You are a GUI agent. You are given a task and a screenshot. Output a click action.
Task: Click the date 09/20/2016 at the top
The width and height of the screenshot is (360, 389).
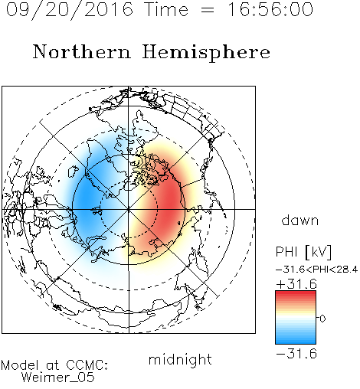coord(70,10)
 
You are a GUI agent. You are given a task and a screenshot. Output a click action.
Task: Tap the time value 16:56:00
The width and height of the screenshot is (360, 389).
coord(270,9)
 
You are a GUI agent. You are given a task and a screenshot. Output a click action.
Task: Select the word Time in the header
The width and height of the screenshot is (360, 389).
coord(166,9)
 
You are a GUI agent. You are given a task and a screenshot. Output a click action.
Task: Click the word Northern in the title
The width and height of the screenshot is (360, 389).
coord(82,52)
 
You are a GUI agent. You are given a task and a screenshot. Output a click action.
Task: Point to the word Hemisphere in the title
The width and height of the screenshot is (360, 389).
coord(206,53)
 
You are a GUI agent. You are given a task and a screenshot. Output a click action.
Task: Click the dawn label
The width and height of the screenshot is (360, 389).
coord(300,220)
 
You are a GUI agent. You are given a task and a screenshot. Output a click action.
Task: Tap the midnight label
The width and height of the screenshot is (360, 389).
coord(180,359)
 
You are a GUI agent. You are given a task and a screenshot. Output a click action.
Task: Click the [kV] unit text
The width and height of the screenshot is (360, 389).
coord(319,252)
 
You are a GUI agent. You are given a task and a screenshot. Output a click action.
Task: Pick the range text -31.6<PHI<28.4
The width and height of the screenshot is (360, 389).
coord(316,270)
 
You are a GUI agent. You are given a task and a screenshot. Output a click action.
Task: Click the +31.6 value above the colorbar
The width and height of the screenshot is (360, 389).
coord(296,284)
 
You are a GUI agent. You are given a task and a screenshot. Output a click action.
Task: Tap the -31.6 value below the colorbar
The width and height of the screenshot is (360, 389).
coord(296,354)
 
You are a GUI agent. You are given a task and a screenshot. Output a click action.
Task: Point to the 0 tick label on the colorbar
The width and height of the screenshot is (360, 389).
coord(322,319)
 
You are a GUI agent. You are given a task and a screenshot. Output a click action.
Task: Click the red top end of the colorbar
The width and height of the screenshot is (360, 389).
coord(296,293)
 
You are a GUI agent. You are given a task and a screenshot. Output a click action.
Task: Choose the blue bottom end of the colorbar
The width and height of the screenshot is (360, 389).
coord(296,342)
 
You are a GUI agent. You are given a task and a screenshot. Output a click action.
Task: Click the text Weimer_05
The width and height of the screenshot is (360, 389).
coord(58,377)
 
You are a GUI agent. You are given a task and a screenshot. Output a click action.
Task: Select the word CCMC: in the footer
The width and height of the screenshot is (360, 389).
coord(87,365)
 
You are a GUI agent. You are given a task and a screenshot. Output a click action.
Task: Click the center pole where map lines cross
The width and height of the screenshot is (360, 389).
coord(129,209)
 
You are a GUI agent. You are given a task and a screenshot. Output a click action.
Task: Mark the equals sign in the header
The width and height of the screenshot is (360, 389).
coord(208,11)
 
